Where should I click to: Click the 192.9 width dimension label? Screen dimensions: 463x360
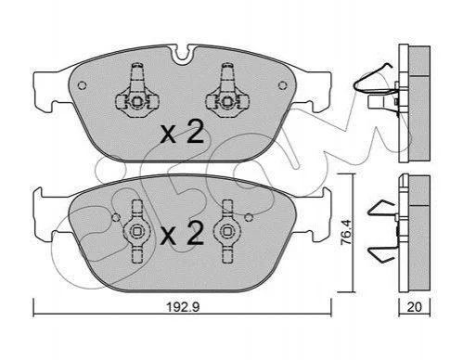point(183,307)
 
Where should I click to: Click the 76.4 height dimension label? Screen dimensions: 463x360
point(345,232)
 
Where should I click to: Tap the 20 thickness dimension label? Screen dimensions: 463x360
point(414,307)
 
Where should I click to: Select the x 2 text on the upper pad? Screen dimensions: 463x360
point(182,132)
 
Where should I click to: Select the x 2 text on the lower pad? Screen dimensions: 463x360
point(183,234)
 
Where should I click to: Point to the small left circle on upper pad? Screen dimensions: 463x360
point(82,85)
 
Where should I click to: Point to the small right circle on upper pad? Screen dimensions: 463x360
point(282,85)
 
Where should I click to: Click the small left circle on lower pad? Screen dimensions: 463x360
point(116,218)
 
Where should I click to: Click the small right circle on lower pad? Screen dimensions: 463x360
point(249,218)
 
